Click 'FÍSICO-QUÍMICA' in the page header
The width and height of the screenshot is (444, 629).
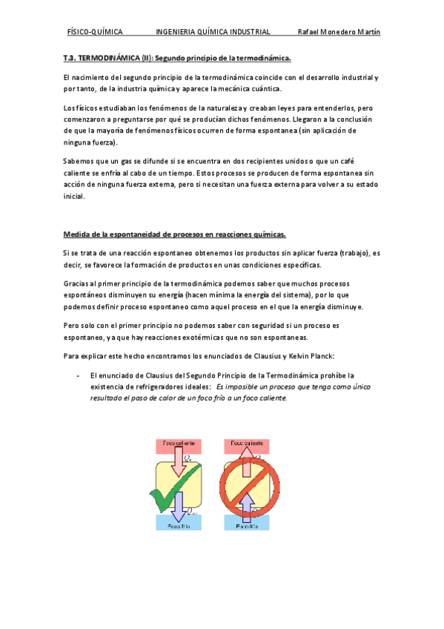(x=94, y=33)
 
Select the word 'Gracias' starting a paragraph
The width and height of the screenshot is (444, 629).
(x=77, y=285)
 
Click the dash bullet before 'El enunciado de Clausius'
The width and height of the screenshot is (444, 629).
(x=78, y=375)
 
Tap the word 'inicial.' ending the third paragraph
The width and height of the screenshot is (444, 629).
(x=75, y=197)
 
